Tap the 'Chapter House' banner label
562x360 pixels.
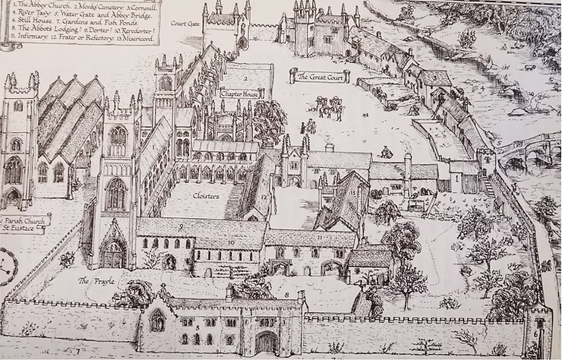coord(240,93)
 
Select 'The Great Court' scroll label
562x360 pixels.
coord(319,76)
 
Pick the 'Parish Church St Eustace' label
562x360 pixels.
coord(24,224)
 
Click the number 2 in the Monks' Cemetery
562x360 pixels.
coord(248,79)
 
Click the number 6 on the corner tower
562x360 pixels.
coord(538,323)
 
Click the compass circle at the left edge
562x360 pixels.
coord(6,265)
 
